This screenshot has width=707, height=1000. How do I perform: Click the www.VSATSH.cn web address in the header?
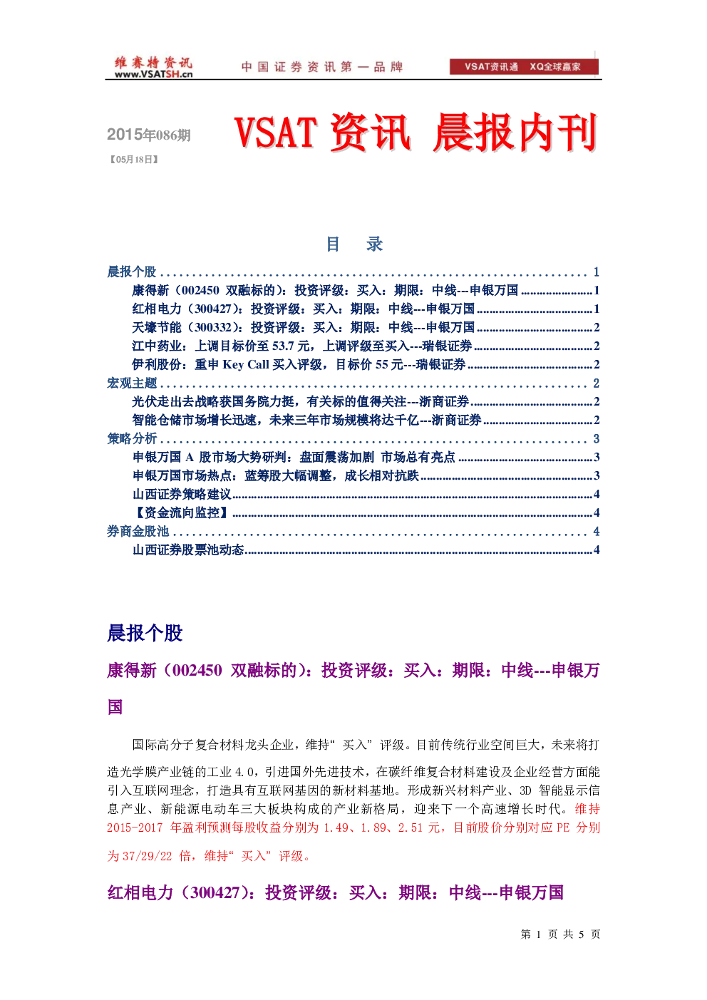tap(153, 74)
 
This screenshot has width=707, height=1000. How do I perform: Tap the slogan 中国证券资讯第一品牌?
tap(322, 67)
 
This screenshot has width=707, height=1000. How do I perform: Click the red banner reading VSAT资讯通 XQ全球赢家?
tap(524, 66)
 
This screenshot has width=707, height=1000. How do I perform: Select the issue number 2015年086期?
tap(149, 135)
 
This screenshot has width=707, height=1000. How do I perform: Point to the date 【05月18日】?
tap(134, 160)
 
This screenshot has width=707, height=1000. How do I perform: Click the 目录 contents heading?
tap(354, 244)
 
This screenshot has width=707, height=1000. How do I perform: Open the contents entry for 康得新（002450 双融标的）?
tap(366, 291)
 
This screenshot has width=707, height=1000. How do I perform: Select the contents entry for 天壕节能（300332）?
tap(366, 328)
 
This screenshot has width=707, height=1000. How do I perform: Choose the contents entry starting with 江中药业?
tap(366, 346)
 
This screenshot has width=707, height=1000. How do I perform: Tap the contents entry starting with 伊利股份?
tap(366, 365)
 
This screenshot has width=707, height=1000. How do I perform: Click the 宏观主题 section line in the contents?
tap(353, 383)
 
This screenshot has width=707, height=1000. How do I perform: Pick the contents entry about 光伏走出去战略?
tap(366, 402)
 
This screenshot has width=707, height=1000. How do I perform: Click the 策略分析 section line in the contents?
tap(353, 439)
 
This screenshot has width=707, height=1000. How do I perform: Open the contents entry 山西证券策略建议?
tap(366, 494)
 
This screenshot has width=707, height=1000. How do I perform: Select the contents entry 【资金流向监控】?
tap(366, 512)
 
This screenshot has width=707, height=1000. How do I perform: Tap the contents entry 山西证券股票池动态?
tap(366, 550)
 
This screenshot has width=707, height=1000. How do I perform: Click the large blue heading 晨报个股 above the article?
tap(145, 633)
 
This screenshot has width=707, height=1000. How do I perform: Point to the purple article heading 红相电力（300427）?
tap(335, 893)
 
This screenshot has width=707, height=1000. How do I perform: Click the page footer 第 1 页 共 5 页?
tap(560, 934)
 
